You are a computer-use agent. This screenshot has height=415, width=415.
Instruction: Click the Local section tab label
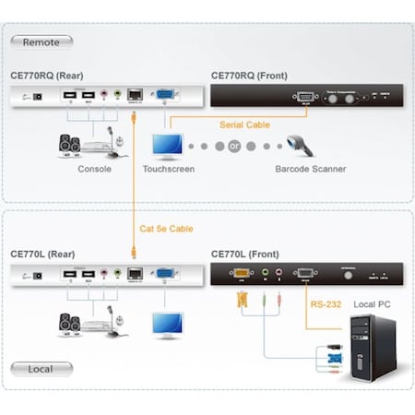pos(42,369)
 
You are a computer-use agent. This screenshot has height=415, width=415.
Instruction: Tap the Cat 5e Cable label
pos(166,228)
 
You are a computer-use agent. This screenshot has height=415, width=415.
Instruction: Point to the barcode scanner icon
pos(305,146)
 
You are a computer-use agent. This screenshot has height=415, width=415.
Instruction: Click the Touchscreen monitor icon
pos(168,146)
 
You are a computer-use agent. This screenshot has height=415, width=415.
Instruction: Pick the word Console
pos(94,169)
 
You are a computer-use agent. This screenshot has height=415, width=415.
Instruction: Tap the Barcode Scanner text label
pos(310,169)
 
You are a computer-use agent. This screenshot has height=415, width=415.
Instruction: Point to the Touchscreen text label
pos(169,169)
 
